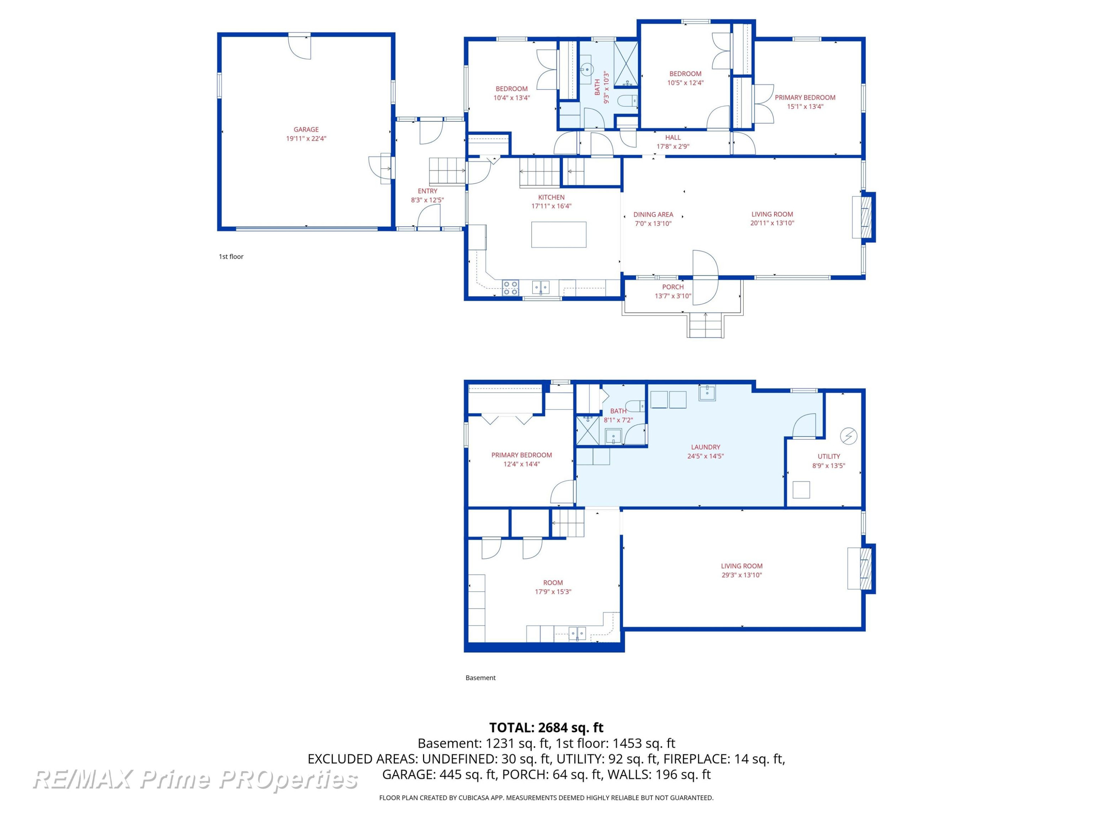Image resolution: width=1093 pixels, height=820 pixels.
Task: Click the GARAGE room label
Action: tap(306, 129)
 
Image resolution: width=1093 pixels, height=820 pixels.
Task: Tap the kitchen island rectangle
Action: tap(559, 234)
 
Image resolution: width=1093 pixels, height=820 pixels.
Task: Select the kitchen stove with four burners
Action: tap(510, 288)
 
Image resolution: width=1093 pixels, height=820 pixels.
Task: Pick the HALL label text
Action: tap(673, 137)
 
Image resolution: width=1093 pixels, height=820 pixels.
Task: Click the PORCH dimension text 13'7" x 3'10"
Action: tap(673, 296)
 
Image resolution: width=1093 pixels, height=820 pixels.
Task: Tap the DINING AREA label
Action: tap(653, 215)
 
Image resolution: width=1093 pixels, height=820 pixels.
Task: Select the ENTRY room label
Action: tap(427, 191)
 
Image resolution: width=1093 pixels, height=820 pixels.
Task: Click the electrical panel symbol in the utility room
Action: tap(849, 436)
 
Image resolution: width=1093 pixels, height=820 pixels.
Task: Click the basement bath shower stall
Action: tap(588, 430)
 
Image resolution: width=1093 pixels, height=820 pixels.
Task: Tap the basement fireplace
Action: tap(861, 569)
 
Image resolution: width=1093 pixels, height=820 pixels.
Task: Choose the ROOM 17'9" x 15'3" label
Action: tap(553, 587)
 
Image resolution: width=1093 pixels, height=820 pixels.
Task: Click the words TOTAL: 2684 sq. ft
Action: tap(546, 727)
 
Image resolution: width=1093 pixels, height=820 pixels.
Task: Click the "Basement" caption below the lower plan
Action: tap(480, 678)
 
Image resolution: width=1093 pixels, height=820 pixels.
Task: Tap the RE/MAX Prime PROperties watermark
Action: tap(195, 780)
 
